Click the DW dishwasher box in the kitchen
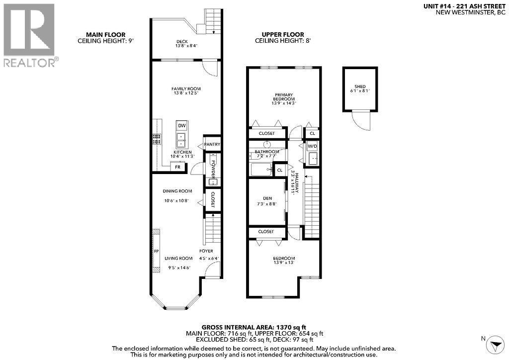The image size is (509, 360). click(182, 125)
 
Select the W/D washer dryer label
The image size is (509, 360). click(312, 147)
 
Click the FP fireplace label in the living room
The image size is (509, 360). click(156, 251)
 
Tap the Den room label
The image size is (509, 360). click(267, 198)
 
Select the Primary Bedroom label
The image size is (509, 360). click(283, 97)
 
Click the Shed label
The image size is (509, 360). click(360, 86)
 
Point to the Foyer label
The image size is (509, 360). click(206, 251)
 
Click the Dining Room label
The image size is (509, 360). click(177, 191)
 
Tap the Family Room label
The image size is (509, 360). click(186, 89)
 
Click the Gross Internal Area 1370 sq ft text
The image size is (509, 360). click(254, 327)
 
